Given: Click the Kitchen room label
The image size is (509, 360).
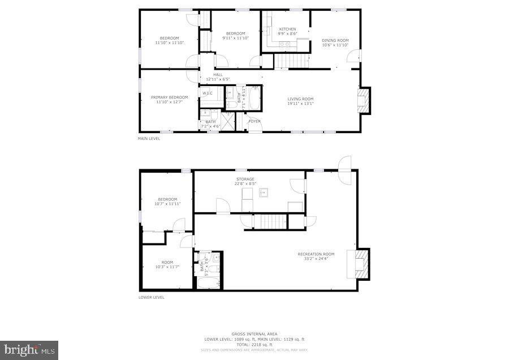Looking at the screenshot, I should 287,29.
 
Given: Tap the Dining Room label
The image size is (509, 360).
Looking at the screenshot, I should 335,40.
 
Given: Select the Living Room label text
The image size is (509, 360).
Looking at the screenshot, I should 300,99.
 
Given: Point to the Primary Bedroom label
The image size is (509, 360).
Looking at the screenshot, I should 169,97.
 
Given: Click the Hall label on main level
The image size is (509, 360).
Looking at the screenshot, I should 218,75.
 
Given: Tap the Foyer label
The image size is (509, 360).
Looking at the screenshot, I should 255,121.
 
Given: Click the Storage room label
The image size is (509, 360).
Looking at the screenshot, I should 245,179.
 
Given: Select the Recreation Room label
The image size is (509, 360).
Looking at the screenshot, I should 316,254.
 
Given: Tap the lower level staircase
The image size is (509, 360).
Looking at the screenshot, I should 269,221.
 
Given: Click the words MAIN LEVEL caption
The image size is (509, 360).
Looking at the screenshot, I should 149,138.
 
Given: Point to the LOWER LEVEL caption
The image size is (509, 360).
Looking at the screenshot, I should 152,297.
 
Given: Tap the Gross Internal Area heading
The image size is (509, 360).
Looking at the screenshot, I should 254,334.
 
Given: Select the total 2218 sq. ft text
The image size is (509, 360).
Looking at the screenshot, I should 254,344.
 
